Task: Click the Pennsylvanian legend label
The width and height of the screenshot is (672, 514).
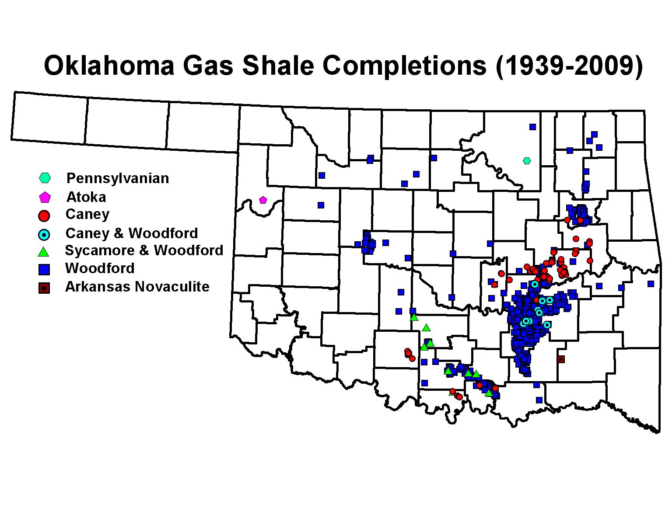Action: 117,178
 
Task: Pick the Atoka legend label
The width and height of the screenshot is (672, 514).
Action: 86,197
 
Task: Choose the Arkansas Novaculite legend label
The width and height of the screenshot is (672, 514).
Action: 137,287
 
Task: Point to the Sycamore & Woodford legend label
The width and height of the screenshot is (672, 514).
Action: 144,250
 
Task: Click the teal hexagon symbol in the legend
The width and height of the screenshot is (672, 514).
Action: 45,178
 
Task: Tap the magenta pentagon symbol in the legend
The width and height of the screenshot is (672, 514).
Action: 45,198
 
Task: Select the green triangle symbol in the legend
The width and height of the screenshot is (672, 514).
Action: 44,252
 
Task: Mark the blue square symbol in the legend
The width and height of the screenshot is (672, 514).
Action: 44,270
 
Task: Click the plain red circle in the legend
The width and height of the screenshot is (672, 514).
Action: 44,215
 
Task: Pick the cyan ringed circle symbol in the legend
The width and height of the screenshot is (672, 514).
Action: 44,235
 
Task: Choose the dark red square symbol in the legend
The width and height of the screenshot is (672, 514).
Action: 44,288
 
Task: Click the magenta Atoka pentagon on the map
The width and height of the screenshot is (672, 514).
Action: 263,200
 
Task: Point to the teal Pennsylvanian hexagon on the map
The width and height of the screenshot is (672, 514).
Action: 527,161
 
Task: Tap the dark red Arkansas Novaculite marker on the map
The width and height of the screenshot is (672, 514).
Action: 561,359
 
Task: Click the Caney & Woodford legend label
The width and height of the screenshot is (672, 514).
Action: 131,233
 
